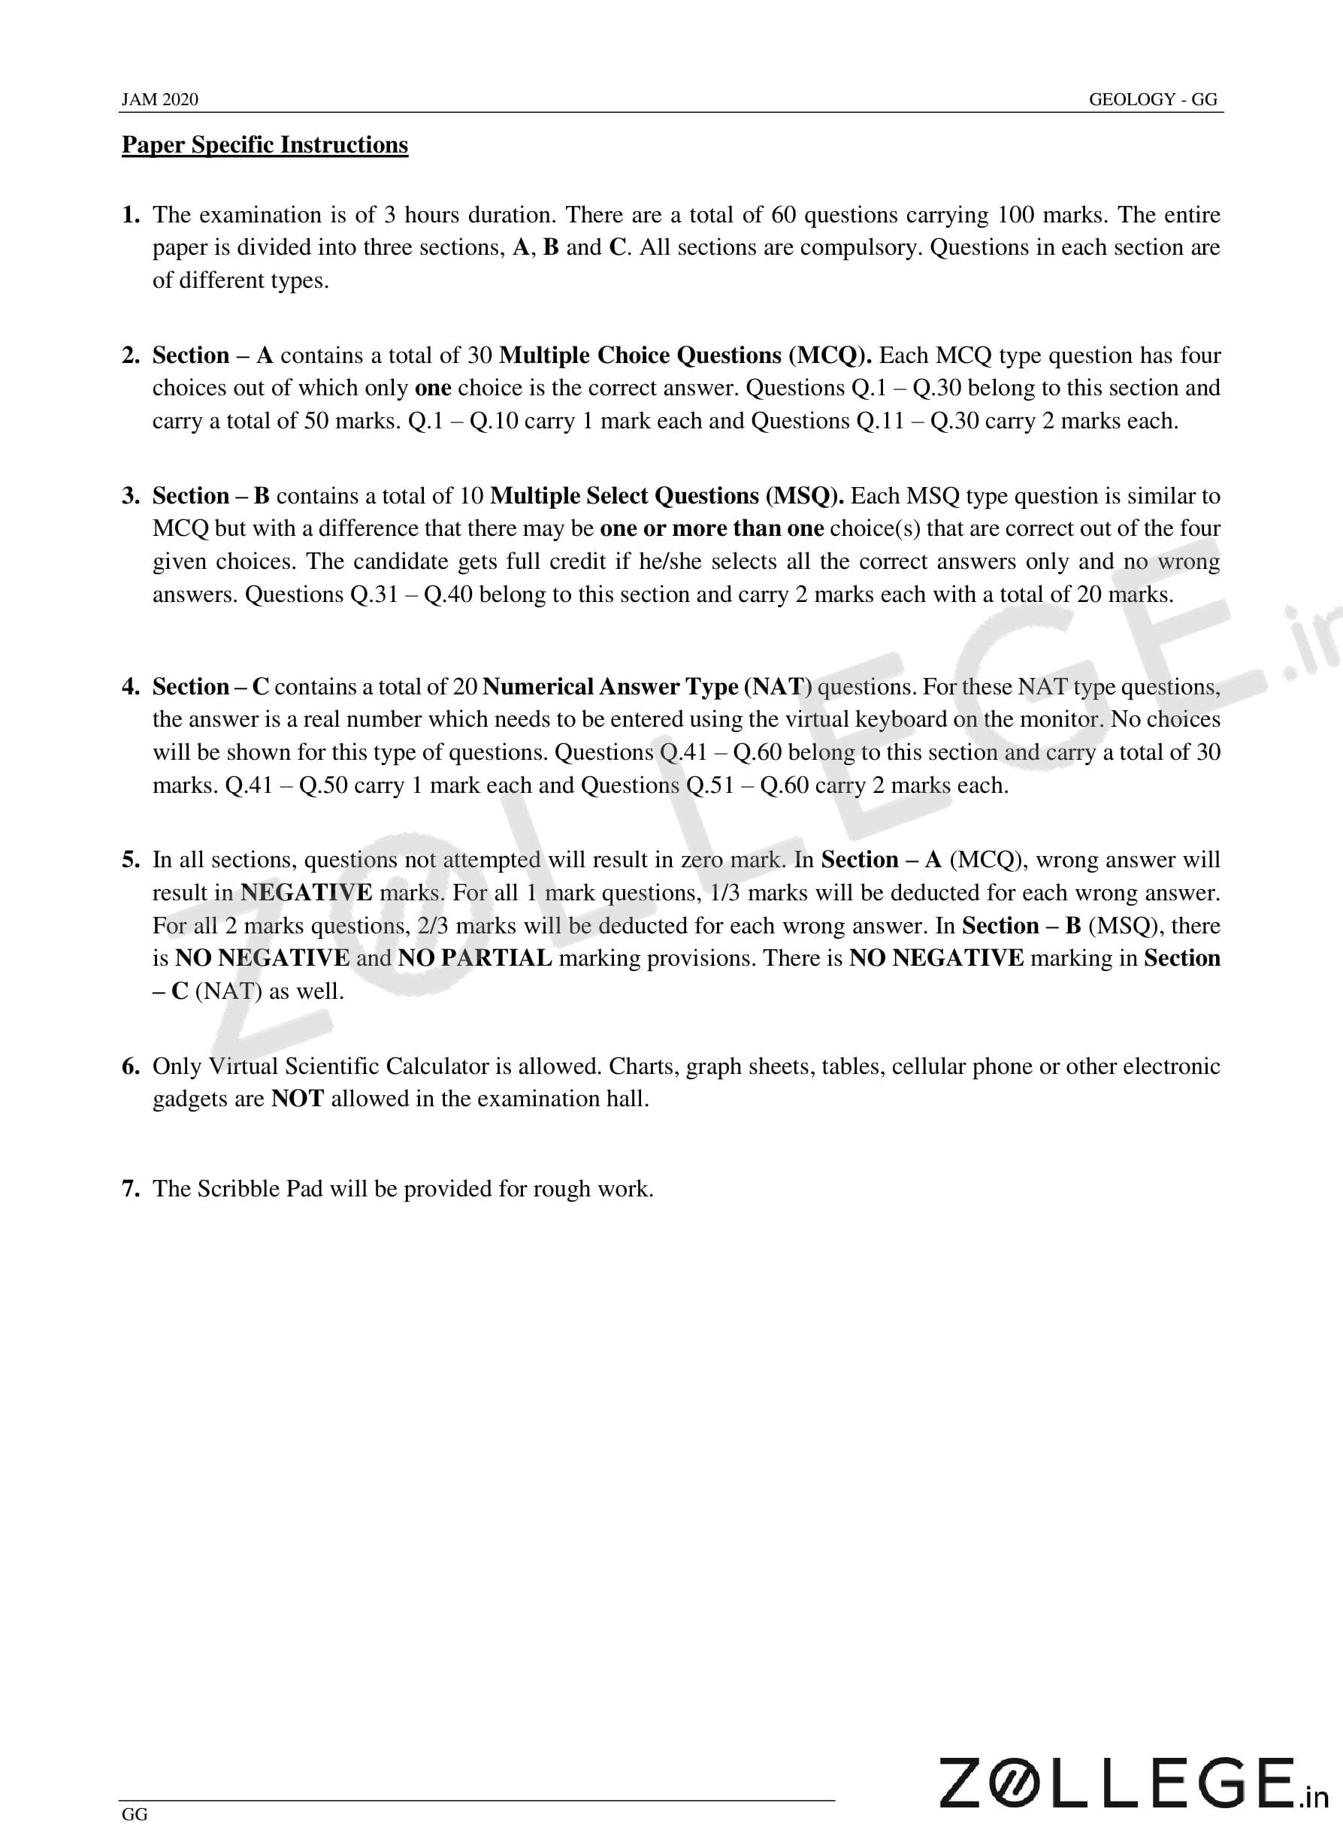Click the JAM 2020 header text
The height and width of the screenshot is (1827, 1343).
[x=159, y=99]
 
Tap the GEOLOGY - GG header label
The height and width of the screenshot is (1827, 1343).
[x=1153, y=99]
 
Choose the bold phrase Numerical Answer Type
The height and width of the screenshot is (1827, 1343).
[x=610, y=687]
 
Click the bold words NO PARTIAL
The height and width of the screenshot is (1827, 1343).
[x=475, y=958]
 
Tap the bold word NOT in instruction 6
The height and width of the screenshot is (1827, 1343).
[x=298, y=1099]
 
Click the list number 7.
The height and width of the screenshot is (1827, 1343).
[x=130, y=1189]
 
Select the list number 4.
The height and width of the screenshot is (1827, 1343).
[x=130, y=687]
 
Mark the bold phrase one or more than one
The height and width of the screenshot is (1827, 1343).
[x=712, y=528]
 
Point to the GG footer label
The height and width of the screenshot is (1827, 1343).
[x=135, y=1814]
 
